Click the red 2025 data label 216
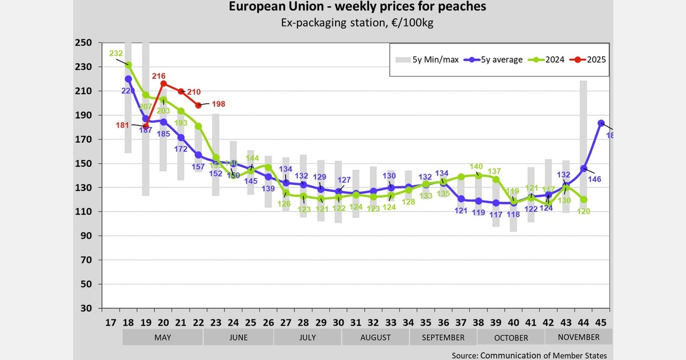[x=158, y=76]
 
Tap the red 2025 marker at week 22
[x=198, y=105]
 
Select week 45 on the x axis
[x=601, y=321]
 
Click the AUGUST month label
[x=376, y=337]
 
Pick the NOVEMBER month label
[x=579, y=337]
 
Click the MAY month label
[x=163, y=337]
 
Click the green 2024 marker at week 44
[x=584, y=199]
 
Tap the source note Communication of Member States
[x=529, y=355]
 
